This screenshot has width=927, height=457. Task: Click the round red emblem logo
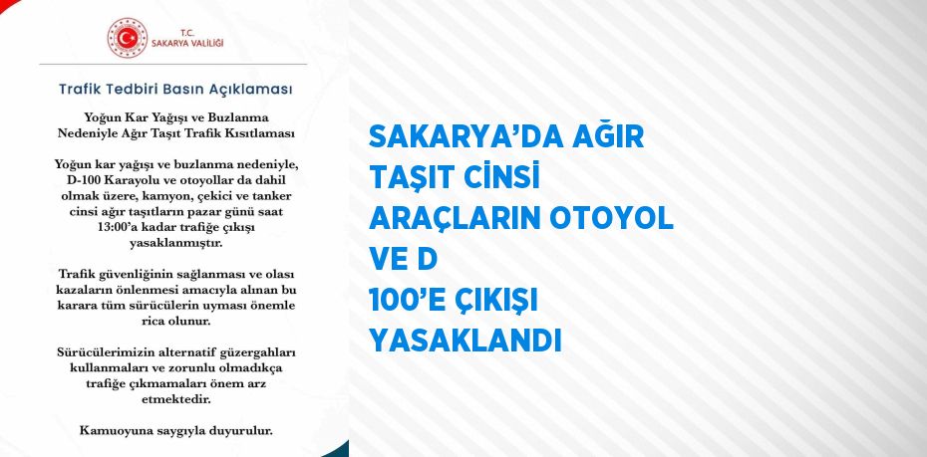pyautogui.click(x=128, y=38)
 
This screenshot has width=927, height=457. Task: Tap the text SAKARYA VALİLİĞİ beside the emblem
pyautogui.click(x=187, y=44)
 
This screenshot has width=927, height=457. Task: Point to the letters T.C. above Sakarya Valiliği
pyautogui.click(x=187, y=32)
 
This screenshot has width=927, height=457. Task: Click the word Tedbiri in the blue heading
pyautogui.click(x=131, y=90)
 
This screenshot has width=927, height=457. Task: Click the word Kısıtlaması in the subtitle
pyautogui.click(x=264, y=133)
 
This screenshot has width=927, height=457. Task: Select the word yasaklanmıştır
pyautogui.click(x=176, y=243)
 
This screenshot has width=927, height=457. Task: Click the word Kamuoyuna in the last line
pyautogui.click(x=108, y=431)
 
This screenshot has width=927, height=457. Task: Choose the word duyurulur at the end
pyautogui.click(x=245, y=431)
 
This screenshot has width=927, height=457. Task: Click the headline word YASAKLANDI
pyautogui.click(x=464, y=342)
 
